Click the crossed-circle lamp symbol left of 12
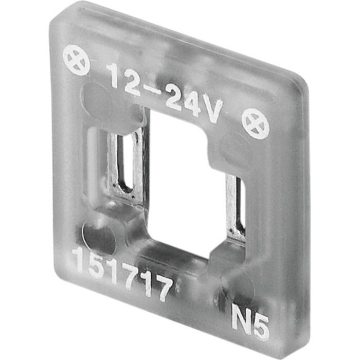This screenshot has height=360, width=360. click(76, 60)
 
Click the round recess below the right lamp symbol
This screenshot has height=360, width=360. click(235, 149)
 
